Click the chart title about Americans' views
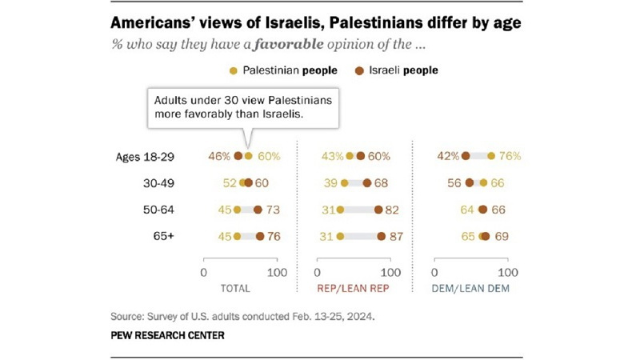coord(315,22)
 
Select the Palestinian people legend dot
coord(233,70)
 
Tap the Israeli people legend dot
coord(362,70)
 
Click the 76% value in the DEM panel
coord(509,156)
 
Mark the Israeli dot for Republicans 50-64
coord(378,210)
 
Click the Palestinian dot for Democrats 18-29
coord(491,156)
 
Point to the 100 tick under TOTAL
coord(277,272)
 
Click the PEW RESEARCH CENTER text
coord(168,335)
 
